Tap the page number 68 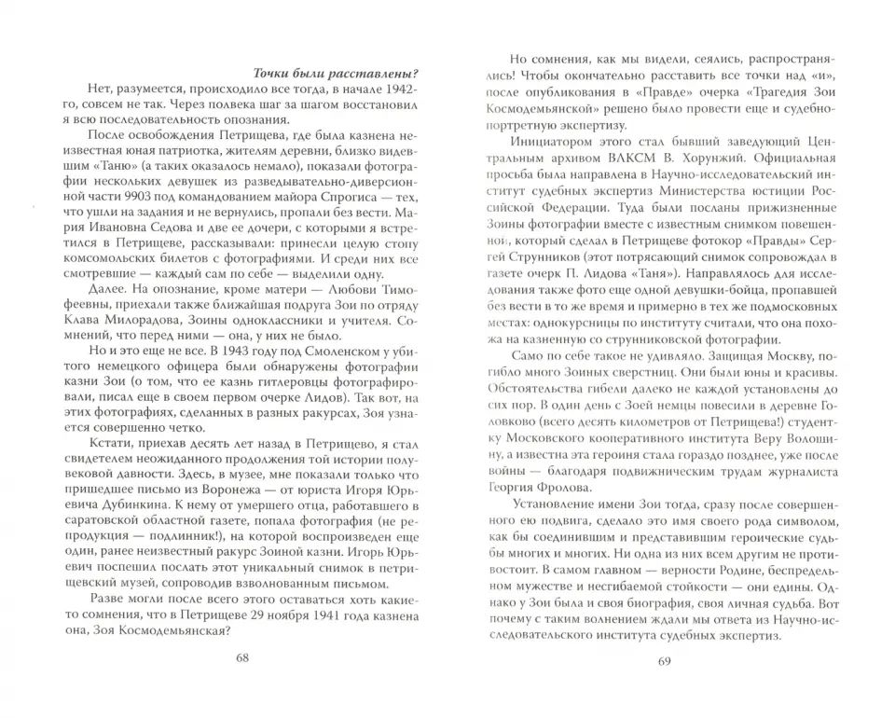click(x=242, y=657)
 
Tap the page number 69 click(x=664, y=662)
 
